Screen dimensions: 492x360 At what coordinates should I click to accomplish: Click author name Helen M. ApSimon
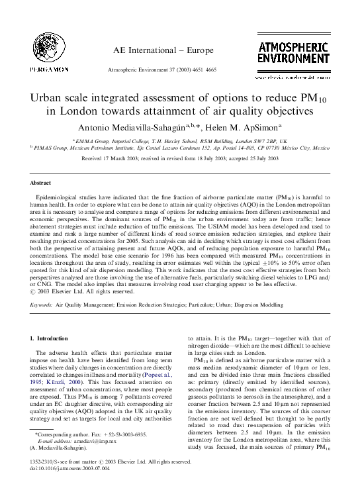232,127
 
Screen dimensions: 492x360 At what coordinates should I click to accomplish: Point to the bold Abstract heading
41,182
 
